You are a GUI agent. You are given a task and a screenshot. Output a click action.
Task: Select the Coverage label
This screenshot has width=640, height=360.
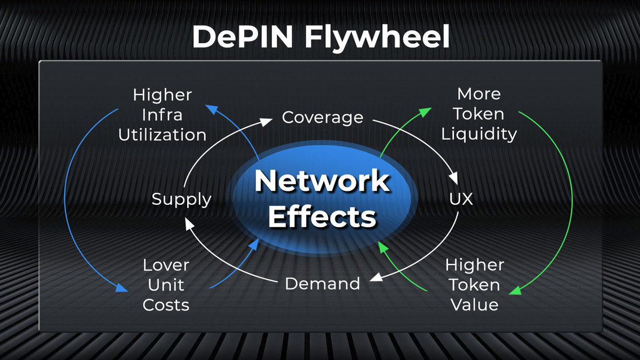[x=322, y=117]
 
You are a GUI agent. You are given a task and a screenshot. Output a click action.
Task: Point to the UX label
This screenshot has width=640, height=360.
[x=461, y=199]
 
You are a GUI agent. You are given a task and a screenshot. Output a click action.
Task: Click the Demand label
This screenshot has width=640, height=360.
[x=322, y=283]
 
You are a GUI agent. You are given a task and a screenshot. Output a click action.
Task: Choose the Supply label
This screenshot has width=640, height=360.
[x=181, y=199]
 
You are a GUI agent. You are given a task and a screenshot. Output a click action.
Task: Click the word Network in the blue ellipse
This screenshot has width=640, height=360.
[x=322, y=181]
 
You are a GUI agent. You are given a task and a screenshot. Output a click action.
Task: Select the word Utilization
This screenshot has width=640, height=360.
[x=162, y=135]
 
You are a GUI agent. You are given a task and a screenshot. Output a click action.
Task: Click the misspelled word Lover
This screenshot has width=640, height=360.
[x=166, y=265]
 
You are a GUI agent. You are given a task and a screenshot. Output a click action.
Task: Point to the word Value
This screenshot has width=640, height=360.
[x=474, y=305]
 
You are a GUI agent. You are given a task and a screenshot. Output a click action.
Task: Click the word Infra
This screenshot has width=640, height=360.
[x=162, y=115]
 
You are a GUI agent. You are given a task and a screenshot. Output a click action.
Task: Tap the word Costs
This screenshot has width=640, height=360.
[x=166, y=305]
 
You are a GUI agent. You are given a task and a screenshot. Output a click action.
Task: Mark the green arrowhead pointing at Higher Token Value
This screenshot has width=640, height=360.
[x=515, y=292]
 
